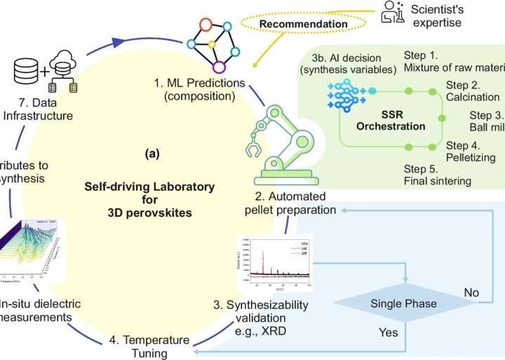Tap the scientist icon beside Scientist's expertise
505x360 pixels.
point(391,12)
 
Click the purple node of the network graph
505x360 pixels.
point(219,68)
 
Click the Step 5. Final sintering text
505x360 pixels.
point(438,175)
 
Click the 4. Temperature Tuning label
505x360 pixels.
point(149,346)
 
